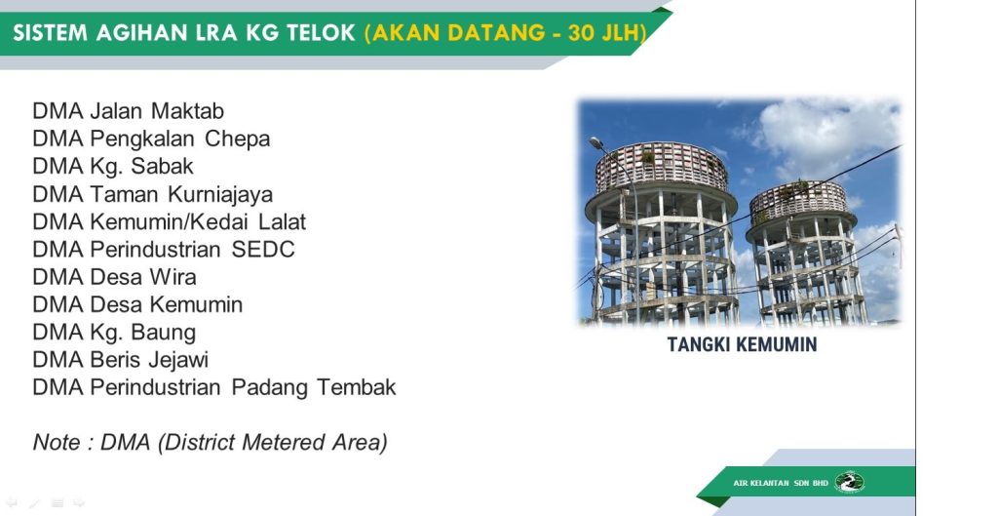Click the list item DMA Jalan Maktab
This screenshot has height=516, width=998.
pyautogui.click(x=128, y=111)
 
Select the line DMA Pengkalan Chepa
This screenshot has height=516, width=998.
pyautogui.click(x=151, y=139)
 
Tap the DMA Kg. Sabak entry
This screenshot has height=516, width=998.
pyautogui.click(x=113, y=167)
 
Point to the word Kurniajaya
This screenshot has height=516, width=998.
pyautogui.click(x=220, y=194)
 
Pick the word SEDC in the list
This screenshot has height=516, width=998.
pyautogui.click(x=263, y=249)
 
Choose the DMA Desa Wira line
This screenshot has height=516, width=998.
pyautogui.click(x=115, y=277)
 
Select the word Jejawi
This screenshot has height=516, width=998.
pyautogui.click(x=178, y=360)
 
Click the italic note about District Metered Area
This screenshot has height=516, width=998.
pyautogui.click(x=211, y=443)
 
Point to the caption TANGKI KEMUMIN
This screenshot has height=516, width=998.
pyautogui.click(x=742, y=344)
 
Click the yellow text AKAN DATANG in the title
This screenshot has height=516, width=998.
pyautogui.click(x=458, y=32)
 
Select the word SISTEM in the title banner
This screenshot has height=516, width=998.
pyautogui.click(x=50, y=32)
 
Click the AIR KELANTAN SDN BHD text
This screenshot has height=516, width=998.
pyautogui.click(x=781, y=483)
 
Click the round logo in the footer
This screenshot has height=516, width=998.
pyautogui.click(x=849, y=482)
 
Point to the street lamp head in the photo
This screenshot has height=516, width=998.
pyautogui.click(x=596, y=143)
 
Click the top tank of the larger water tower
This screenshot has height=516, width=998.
pyautogui.click(x=661, y=167)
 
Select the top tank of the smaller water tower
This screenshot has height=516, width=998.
pyautogui.click(x=799, y=203)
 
